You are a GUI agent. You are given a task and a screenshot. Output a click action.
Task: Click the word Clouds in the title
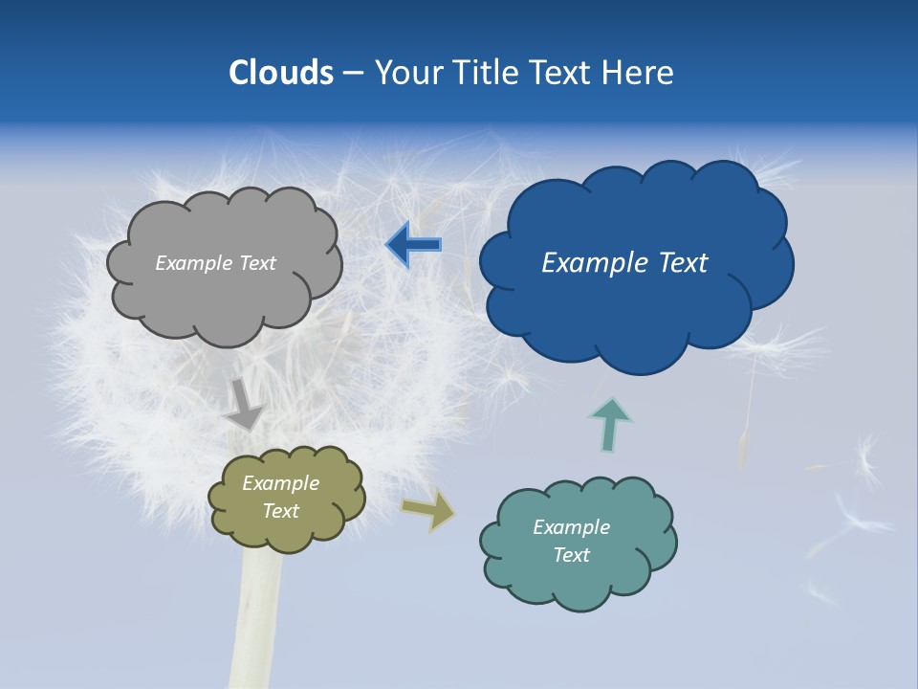(x=281, y=73)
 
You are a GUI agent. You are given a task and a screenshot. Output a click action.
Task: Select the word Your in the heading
(x=409, y=73)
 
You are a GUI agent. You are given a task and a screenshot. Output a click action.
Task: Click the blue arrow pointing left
(x=414, y=245)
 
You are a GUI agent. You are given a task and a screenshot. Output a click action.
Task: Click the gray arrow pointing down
(x=245, y=406)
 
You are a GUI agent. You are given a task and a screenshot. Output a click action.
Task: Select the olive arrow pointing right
(x=429, y=509)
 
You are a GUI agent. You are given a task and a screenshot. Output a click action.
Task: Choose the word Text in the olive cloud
(x=281, y=511)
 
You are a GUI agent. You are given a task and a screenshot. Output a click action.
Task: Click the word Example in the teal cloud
(x=571, y=527)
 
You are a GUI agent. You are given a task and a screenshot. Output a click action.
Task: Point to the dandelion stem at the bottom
(x=256, y=622)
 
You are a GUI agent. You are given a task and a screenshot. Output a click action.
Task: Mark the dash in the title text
(x=352, y=74)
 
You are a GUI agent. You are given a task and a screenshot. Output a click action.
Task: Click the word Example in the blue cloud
(x=595, y=263)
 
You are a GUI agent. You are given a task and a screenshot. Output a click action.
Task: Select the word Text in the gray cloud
(x=258, y=263)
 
